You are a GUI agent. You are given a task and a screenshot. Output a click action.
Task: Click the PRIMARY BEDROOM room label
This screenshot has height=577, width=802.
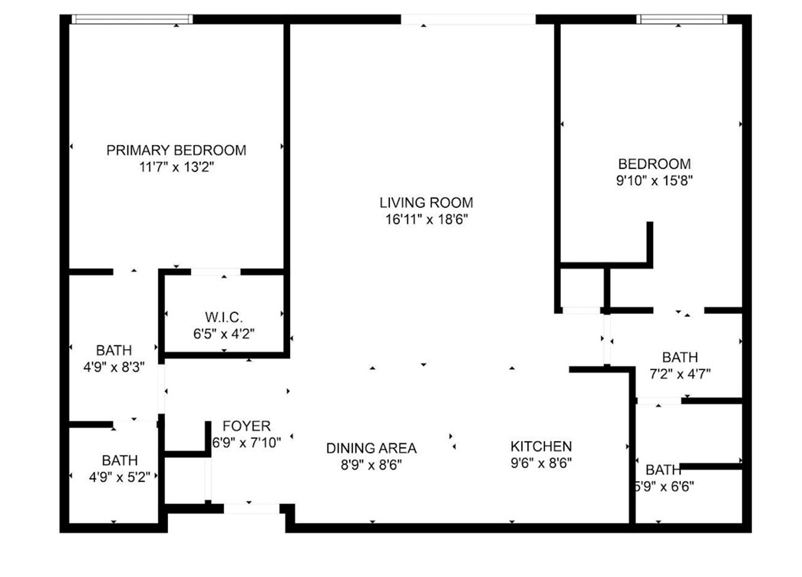[176, 150]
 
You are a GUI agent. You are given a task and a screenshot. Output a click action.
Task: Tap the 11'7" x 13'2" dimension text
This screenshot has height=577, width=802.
[176, 167]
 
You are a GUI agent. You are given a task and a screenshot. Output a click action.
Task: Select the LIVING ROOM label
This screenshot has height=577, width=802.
[426, 203]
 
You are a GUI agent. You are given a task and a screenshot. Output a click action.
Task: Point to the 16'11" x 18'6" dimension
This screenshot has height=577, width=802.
[427, 219]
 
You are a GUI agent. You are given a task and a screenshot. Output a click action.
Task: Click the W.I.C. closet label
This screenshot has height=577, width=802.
[224, 317]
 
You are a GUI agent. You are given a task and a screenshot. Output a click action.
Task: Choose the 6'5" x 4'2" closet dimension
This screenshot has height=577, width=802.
[224, 334]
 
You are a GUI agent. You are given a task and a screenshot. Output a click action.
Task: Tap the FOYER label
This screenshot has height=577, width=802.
[246, 426]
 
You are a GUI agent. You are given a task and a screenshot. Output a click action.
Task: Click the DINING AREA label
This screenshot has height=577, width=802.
[371, 449]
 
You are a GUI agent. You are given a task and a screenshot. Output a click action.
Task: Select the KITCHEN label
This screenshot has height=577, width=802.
[541, 447]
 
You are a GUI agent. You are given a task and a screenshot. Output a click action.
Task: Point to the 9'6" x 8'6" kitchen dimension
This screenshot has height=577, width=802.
[541, 463]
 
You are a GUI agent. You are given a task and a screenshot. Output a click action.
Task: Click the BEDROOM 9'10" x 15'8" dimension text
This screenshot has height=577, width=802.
[654, 180]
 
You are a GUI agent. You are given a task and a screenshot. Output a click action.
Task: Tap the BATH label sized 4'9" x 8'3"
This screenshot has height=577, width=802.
[114, 351]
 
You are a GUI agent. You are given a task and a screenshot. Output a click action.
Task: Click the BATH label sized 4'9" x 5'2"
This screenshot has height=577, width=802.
[120, 460]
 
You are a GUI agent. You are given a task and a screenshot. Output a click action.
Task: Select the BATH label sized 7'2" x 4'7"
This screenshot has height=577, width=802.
[680, 357]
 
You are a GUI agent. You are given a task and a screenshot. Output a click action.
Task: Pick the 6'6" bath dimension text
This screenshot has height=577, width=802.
[664, 486]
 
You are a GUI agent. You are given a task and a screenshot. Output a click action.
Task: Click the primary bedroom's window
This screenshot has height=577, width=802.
[132, 19]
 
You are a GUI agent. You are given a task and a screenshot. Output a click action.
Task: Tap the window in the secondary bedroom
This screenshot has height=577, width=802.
[682, 19]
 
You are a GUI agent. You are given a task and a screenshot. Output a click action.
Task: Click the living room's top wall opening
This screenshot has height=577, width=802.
[468, 19]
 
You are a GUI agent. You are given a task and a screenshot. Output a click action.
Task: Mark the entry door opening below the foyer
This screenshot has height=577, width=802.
[252, 509]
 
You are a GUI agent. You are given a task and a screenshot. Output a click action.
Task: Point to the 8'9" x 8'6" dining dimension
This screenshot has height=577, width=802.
[371, 465]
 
